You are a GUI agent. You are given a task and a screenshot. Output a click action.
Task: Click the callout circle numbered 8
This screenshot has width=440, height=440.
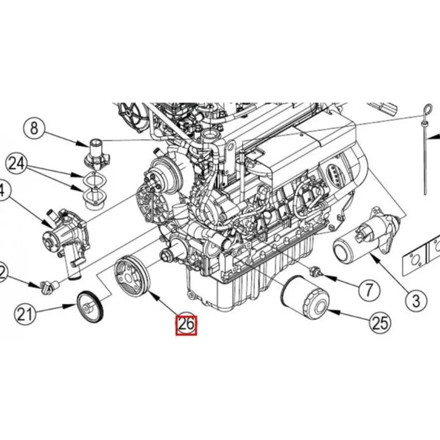coord(34,128)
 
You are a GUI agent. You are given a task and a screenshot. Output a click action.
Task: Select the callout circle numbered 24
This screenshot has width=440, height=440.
coord(17,163)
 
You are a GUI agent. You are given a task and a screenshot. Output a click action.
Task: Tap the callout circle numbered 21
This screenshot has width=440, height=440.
coord(25,314)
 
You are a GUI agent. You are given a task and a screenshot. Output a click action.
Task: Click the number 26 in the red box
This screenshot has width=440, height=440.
coord(185,325)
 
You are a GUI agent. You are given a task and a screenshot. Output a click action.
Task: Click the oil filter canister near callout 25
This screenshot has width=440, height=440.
coord(303,300)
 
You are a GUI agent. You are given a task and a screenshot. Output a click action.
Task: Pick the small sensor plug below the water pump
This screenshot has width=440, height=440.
coord(46,286)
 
